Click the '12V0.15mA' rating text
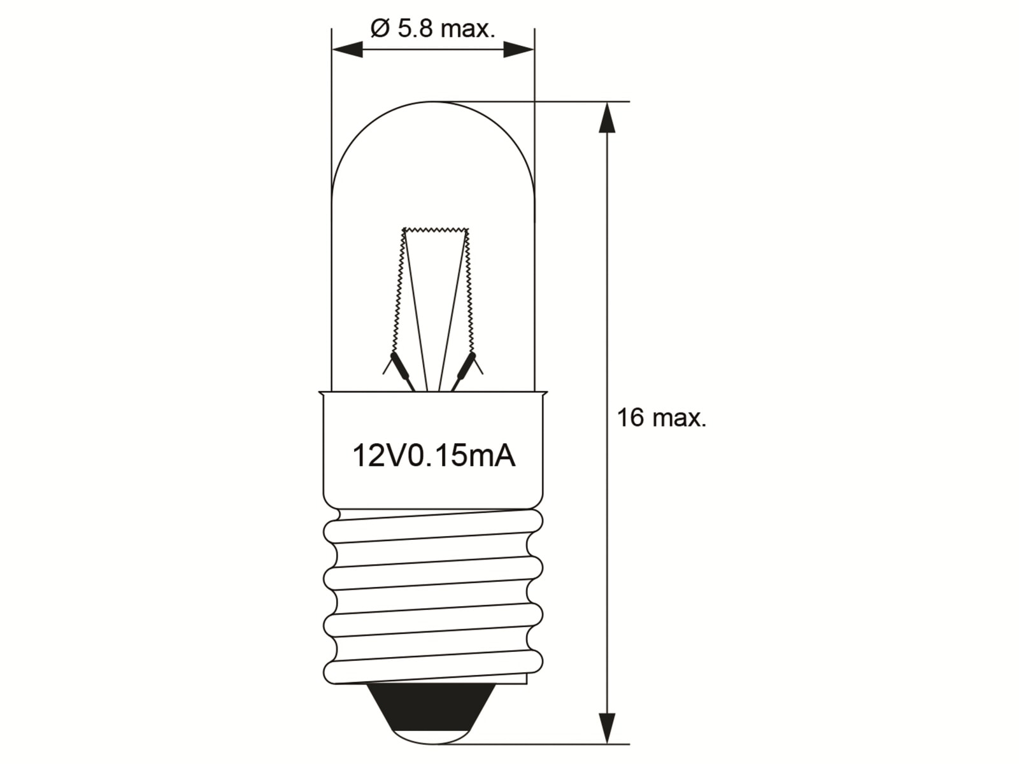coord(434,456)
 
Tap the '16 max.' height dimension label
coord(661,418)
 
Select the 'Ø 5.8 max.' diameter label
coord(432,29)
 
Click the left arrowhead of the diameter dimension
coord(347,49)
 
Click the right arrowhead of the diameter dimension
coord(518,49)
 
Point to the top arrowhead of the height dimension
coord(608,118)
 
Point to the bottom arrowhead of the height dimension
coord(608,726)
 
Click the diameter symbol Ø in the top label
coord(379,29)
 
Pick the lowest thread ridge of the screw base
coord(433,668)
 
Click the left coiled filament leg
coord(398,293)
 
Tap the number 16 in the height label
coord(631,418)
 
